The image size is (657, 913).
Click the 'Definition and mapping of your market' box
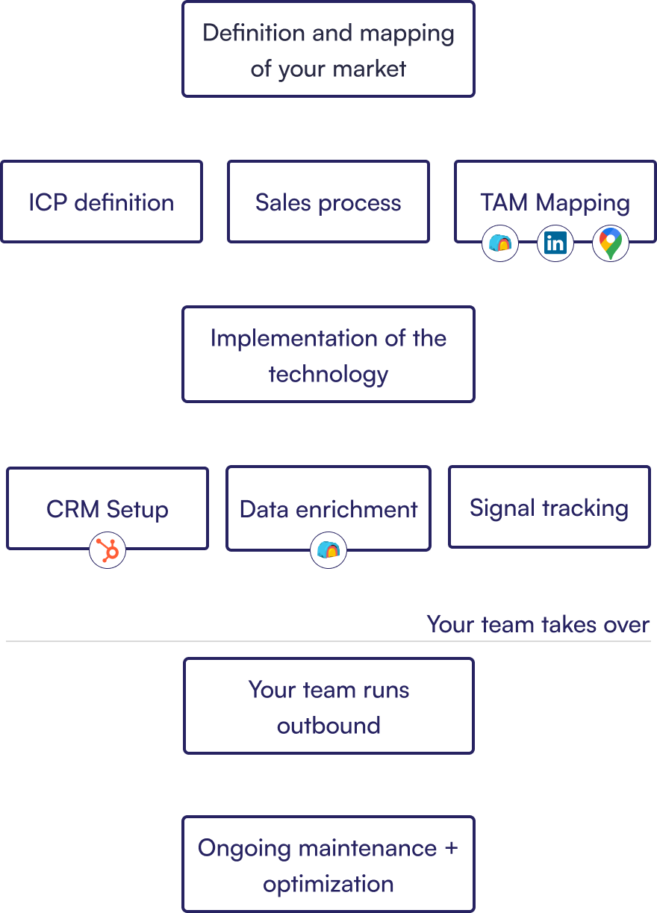(x=328, y=49)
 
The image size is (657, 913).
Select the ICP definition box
(x=102, y=202)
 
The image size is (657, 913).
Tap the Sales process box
(x=328, y=202)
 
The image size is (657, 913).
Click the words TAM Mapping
(x=555, y=202)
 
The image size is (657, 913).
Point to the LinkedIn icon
(x=555, y=243)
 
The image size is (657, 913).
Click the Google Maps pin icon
(x=611, y=243)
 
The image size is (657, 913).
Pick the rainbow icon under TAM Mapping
(x=500, y=243)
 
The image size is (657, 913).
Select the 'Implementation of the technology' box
(x=328, y=354)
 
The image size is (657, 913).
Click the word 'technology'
(x=328, y=373)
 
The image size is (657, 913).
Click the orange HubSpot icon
(x=108, y=552)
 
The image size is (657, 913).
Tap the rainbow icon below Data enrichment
(x=328, y=551)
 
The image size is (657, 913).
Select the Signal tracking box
(x=549, y=507)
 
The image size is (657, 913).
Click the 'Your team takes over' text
(x=538, y=624)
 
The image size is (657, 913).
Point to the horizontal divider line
(x=224, y=641)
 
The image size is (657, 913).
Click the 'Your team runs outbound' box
(x=328, y=705)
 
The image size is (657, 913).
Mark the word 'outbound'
(x=328, y=725)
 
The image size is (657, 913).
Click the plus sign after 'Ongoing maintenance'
(x=451, y=849)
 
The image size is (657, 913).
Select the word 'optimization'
(x=328, y=884)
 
